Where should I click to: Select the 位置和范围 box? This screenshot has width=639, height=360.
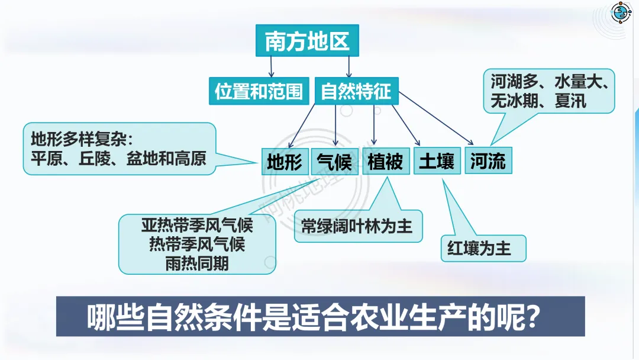259,91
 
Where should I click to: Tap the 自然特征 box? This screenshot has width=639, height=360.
356,91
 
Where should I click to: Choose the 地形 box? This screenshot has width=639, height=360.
284,162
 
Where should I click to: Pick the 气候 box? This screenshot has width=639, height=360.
334,162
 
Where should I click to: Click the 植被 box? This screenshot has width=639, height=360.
385,162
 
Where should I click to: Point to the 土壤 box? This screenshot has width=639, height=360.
437,162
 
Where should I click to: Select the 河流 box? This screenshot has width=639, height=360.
488,162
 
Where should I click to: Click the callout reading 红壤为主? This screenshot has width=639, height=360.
483,248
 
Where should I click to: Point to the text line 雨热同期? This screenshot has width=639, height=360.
197,263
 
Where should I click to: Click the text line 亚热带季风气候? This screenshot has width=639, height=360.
197,226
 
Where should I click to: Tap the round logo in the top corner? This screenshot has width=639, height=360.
620,13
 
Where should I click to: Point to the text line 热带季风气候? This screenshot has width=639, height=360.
197,245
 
